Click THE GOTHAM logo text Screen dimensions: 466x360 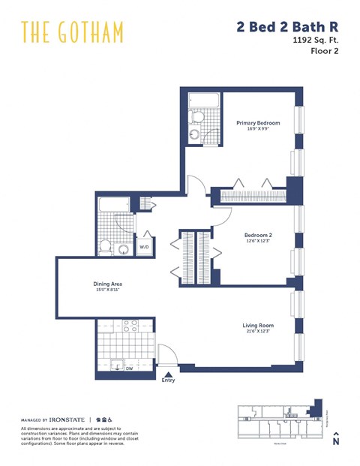coord(72,32)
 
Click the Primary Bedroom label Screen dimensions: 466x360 coord(258,123)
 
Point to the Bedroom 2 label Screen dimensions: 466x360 coord(258,235)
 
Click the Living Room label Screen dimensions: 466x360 coord(257,326)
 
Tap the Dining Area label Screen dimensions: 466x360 coord(107,284)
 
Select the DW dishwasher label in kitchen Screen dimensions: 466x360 coord(129,368)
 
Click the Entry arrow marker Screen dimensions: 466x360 coord(168,372)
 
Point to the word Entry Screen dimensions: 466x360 coord(168,380)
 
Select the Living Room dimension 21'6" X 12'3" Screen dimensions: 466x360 coord(257,332)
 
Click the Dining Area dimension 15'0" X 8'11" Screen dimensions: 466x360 coord(107,290)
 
